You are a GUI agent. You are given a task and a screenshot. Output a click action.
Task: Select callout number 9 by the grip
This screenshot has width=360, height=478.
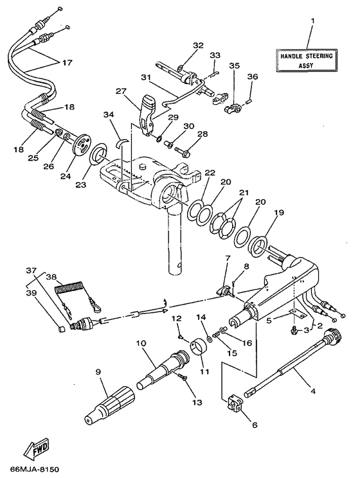coord(98,371)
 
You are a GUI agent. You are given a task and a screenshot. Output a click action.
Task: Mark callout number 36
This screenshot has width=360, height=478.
coord(253,77)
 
